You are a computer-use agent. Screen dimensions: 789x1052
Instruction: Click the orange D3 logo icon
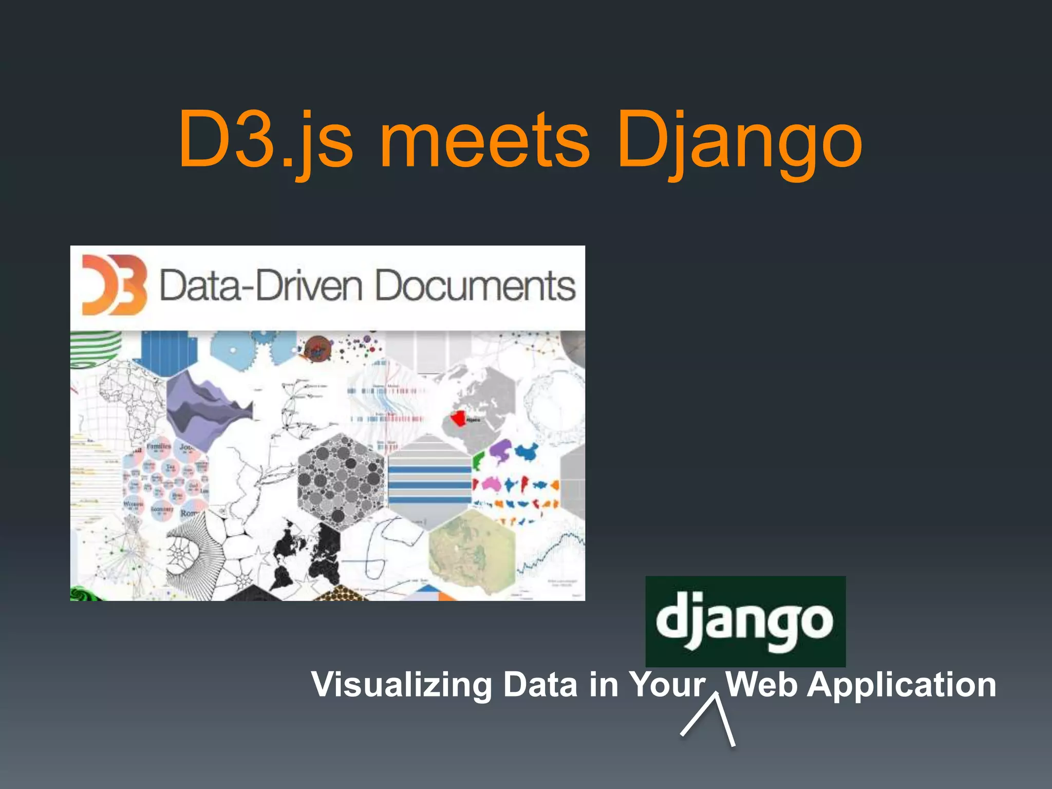114,285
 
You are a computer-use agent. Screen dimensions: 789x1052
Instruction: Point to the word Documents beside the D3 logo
475,286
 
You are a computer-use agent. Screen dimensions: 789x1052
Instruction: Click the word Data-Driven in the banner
260,286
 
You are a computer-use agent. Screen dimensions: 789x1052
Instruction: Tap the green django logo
745,621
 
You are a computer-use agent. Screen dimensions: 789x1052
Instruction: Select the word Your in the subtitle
667,685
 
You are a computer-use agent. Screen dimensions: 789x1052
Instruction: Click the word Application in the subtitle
901,685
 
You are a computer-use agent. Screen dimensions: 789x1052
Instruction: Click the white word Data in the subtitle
540,685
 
